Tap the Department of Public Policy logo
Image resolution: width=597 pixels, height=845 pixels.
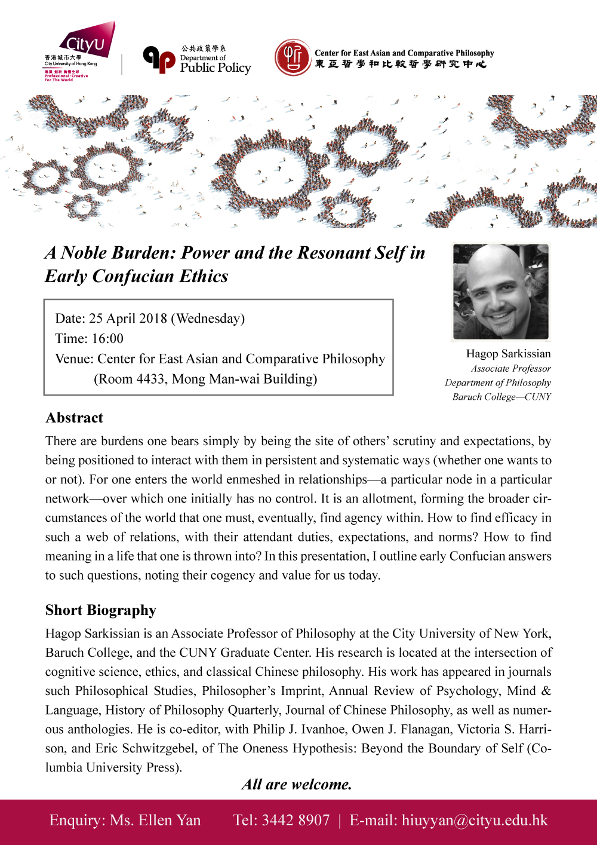pos(198,60)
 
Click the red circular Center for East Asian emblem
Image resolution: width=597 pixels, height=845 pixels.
pos(293,58)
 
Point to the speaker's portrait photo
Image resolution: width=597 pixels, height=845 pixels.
pos(500,291)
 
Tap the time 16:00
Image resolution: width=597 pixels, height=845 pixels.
pos(107,338)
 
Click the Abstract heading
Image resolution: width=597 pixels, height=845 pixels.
pos(75,418)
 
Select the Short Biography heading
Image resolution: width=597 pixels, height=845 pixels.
pos(101,610)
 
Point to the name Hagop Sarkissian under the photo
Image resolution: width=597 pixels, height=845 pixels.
pos(508,353)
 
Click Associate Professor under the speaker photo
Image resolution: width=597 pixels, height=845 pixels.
pos(510,368)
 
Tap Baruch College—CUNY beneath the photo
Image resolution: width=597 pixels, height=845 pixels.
pos(501,396)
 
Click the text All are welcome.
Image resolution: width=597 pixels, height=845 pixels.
pos(297,784)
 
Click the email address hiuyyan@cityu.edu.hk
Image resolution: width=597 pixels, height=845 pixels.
pos(475,820)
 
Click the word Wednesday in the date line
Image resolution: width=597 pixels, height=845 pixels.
pos(208,318)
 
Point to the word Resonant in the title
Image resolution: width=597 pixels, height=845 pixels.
pos(334,252)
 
